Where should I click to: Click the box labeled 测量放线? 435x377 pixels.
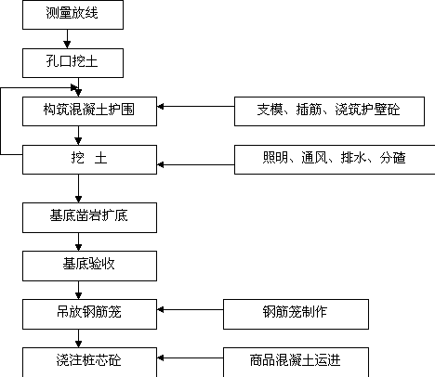tap(72, 15)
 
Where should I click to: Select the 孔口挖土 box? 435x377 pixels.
tap(72, 63)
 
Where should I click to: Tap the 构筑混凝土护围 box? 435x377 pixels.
tap(89, 111)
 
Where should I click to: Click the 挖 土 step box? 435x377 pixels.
tap(89, 160)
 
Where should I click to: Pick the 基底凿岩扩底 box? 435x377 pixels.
tap(89, 217)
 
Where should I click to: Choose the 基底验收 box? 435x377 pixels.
tap(89, 266)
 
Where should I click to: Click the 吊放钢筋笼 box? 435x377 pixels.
tap(89, 314)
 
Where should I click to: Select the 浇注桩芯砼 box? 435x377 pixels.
tap(89, 362)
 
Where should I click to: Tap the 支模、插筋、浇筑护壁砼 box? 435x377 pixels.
tap(329, 111)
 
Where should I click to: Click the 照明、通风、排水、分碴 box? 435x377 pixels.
tap(335, 160)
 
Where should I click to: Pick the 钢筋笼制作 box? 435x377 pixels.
tap(296, 314)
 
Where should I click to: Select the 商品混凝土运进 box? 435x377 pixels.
tap(296, 362)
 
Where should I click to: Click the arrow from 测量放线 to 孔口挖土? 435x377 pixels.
tap(67, 39)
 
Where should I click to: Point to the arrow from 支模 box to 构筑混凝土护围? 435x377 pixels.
tap(196, 107)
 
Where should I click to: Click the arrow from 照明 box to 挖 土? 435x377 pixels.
tap(196, 164)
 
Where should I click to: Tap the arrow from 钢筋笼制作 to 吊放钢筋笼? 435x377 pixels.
tap(191, 309)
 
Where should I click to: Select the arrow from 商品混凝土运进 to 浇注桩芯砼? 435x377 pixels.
tap(191, 358)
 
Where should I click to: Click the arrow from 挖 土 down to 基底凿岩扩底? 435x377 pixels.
tap(78, 188)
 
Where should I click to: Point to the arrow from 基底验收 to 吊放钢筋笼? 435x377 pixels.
tap(78, 290)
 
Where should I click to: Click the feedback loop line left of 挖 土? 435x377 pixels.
tap(1, 121)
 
